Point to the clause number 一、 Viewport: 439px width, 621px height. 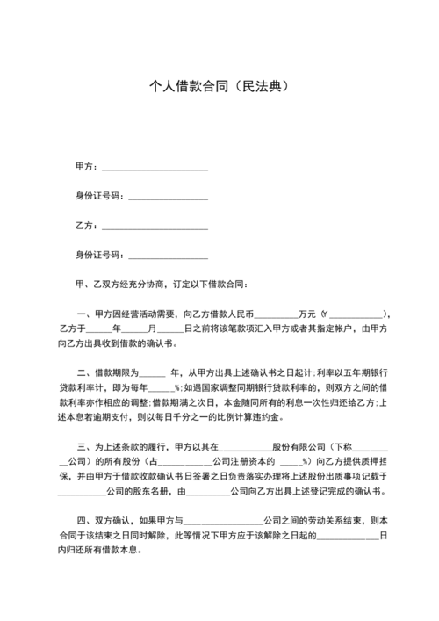[x=85, y=314]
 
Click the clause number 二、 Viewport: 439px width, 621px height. [x=85, y=372]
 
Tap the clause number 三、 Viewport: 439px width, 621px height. [x=85, y=447]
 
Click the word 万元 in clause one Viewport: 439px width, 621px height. [x=307, y=314]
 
